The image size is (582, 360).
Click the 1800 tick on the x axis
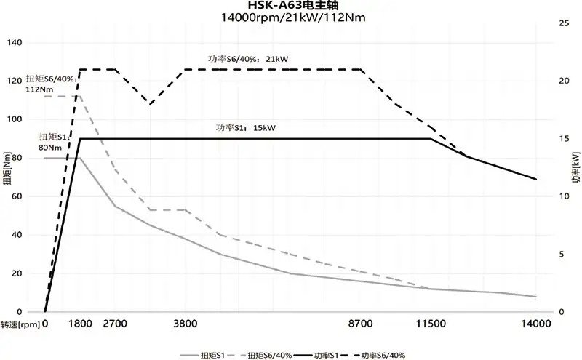click(80, 324)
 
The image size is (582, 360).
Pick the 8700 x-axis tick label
click(362, 324)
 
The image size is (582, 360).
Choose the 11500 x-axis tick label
click(431, 324)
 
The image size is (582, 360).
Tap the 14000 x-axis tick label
click(535, 324)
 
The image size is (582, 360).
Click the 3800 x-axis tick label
click(186, 324)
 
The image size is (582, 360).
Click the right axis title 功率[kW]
click(575, 169)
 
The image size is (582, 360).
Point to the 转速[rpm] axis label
click(20, 324)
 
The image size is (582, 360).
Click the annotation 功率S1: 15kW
click(246, 129)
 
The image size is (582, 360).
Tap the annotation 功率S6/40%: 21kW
click(246, 60)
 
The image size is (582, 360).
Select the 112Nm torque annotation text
click(37, 89)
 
